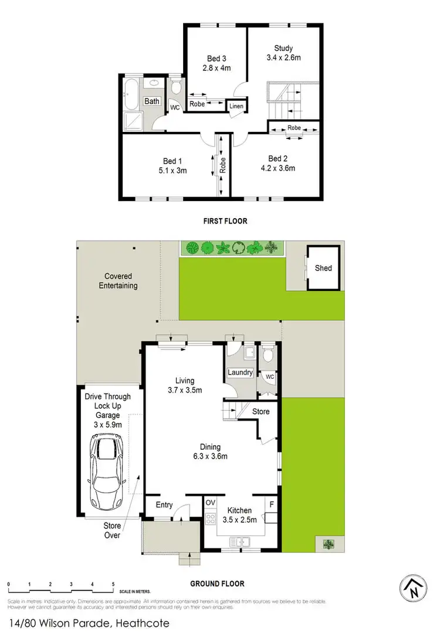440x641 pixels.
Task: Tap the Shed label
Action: coord(323,268)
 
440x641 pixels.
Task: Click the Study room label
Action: coord(283,48)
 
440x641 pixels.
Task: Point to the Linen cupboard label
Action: coord(236,106)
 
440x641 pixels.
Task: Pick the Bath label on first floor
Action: coord(152,101)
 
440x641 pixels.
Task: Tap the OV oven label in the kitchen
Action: coord(210,502)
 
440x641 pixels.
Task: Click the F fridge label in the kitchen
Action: coord(271,503)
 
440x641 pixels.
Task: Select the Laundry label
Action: coord(241,372)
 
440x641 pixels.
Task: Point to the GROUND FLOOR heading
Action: coord(217,584)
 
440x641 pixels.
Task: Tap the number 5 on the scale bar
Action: coord(113,585)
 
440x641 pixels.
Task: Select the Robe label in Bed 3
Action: coord(197,104)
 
